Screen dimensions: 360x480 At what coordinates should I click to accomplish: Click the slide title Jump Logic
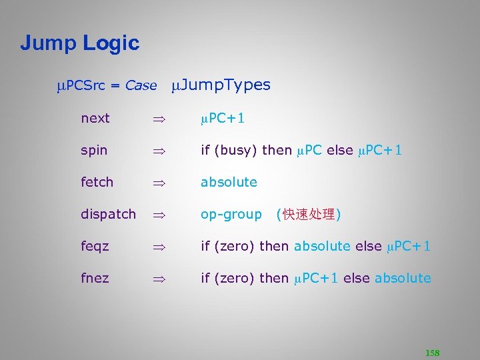(x=79, y=43)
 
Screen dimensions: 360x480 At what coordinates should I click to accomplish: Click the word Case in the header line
(x=141, y=85)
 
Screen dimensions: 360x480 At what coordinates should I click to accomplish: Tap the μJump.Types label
(x=221, y=85)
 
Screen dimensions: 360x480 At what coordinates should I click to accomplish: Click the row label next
(x=95, y=118)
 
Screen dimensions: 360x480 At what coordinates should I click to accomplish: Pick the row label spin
(x=93, y=150)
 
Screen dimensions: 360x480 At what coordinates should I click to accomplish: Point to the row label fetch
(x=97, y=181)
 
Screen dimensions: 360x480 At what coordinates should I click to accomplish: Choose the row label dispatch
(x=108, y=214)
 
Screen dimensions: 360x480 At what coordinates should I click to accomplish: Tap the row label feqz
(x=95, y=246)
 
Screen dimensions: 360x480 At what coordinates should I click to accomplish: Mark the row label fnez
(x=95, y=278)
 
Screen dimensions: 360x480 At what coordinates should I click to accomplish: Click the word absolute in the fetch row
(x=229, y=181)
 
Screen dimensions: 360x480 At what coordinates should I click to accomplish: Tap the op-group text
(x=231, y=214)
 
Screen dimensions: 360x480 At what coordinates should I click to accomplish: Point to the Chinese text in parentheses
(x=308, y=214)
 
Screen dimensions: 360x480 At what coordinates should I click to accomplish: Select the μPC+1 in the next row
(x=223, y=118)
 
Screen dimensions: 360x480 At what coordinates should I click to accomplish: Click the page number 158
(x=432, y=353)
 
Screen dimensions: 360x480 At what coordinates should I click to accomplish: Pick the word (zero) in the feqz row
(x=235, y=246)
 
